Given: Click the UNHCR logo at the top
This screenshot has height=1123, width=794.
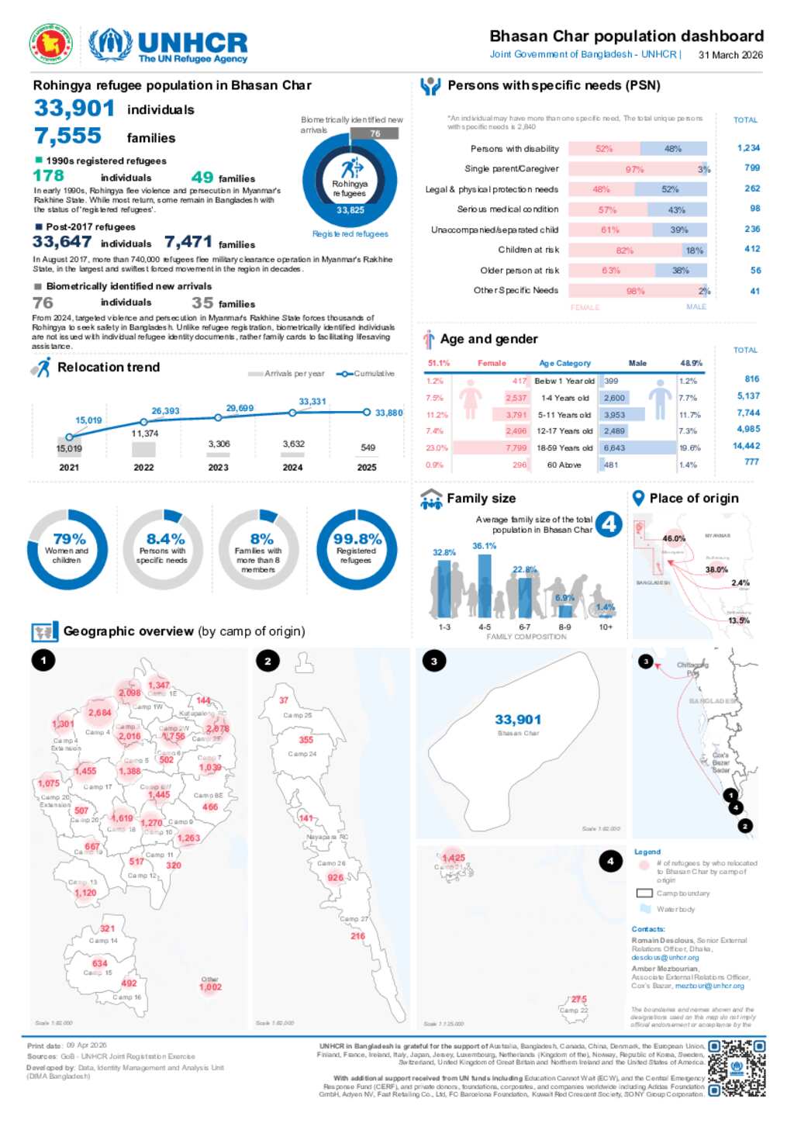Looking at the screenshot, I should pos(169,45).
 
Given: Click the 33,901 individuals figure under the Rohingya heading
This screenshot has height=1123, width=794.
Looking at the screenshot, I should pos(74,109).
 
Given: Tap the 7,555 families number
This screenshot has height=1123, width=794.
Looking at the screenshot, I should pos(68,136).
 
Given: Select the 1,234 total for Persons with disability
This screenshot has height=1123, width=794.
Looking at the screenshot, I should pos(748,148).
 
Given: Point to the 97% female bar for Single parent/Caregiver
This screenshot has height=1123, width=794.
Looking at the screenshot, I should pos(633,169).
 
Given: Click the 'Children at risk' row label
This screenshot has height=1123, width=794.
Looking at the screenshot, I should pos(528,250).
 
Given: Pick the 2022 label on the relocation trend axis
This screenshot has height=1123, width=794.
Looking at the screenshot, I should pos(143,468).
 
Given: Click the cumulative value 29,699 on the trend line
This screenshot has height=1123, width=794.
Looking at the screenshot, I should pos(240,408).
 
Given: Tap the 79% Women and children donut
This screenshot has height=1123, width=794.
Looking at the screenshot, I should pos(67,549).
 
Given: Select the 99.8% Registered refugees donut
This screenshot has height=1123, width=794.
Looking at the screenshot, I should pos(357,549).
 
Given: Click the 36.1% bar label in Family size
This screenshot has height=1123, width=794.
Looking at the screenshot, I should pos(484,546).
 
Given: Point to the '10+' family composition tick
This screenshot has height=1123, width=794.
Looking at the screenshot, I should pos(606,627).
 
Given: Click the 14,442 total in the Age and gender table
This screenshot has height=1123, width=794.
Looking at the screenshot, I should pos(746,446).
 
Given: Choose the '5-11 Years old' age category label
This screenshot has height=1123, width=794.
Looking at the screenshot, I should pos(564,415).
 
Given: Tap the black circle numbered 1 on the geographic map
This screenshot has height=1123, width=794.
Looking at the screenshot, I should pos(43,660).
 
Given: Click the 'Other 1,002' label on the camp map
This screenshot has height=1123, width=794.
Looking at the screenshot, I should pos(210,983).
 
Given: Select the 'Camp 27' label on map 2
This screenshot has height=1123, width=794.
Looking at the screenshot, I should pos(354,919).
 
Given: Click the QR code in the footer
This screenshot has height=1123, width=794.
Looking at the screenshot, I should pos(736,1068).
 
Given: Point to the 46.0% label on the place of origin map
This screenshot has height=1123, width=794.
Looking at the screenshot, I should pos(674,538).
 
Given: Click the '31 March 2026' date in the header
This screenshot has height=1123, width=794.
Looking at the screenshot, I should pos(730,55).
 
